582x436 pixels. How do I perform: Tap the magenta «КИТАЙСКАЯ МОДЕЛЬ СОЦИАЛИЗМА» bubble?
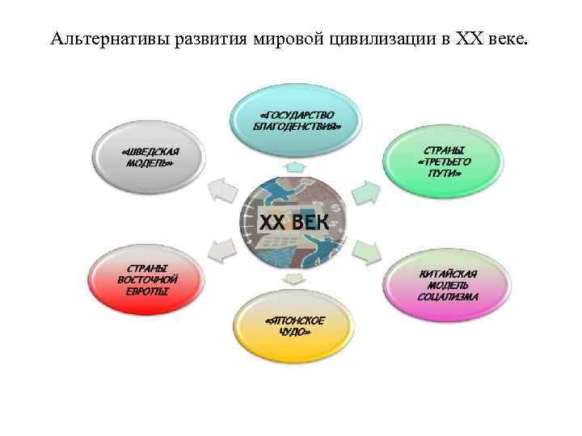447,285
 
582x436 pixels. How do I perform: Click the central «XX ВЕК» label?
293,221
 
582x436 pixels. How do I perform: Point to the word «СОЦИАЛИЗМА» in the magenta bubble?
448,297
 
